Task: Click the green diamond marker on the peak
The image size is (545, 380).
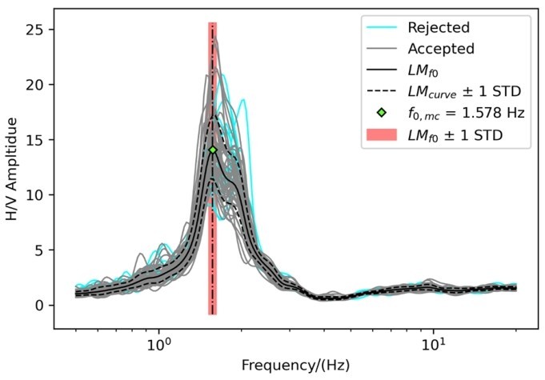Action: coord(213,150)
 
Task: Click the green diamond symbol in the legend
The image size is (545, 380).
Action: coord(383,114)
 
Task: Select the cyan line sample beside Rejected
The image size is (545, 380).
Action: coord(383,27)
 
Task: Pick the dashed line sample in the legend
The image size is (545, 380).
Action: coord(383,93)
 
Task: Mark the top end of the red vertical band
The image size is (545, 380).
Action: coord(213,24)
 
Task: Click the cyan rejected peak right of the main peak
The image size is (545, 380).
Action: coord(242,102)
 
